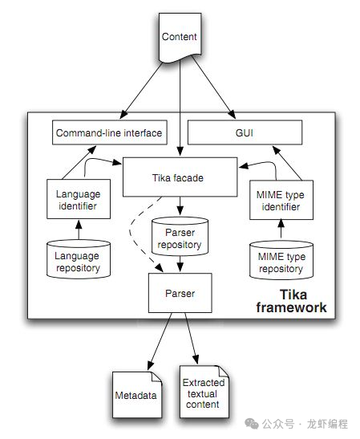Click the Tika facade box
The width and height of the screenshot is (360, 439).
coord(180,177)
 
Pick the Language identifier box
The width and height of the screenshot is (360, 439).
coord(78,200)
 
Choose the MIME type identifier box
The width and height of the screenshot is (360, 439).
coord(281,200)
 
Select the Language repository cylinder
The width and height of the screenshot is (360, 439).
coord(78,262)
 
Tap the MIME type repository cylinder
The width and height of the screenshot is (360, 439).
coord(281,262)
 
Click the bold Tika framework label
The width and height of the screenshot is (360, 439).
coord(291,301)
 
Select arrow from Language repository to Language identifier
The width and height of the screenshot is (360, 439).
coord(78,231)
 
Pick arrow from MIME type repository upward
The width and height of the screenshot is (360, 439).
coord(281,231)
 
